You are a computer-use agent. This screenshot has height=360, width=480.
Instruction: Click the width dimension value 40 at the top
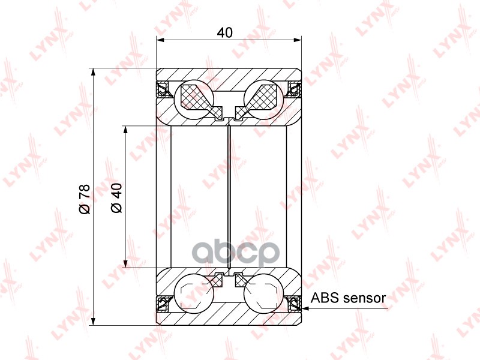(224, 32)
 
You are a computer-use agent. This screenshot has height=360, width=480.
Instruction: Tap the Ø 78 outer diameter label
(85, 199)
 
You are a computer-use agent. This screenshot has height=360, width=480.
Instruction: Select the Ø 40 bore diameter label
(116, 198)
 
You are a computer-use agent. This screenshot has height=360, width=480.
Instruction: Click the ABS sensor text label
(348, 298)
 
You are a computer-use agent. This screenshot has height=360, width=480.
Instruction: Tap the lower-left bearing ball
(193, 292)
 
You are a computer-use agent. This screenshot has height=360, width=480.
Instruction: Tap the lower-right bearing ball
(263, 292)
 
